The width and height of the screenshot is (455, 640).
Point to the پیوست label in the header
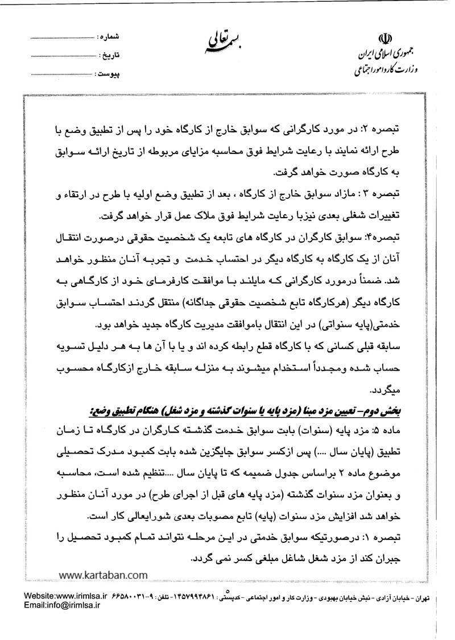107,74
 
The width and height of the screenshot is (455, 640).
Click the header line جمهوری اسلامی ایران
384,57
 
